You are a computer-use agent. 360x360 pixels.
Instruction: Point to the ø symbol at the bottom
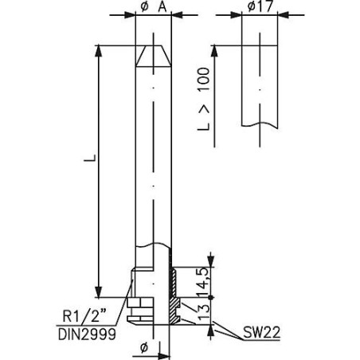click(x=144, y=347)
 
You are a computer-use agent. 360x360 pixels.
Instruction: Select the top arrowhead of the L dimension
click(x=98, y=49)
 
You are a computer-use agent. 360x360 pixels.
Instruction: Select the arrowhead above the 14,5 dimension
click(x=209, y=260)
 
